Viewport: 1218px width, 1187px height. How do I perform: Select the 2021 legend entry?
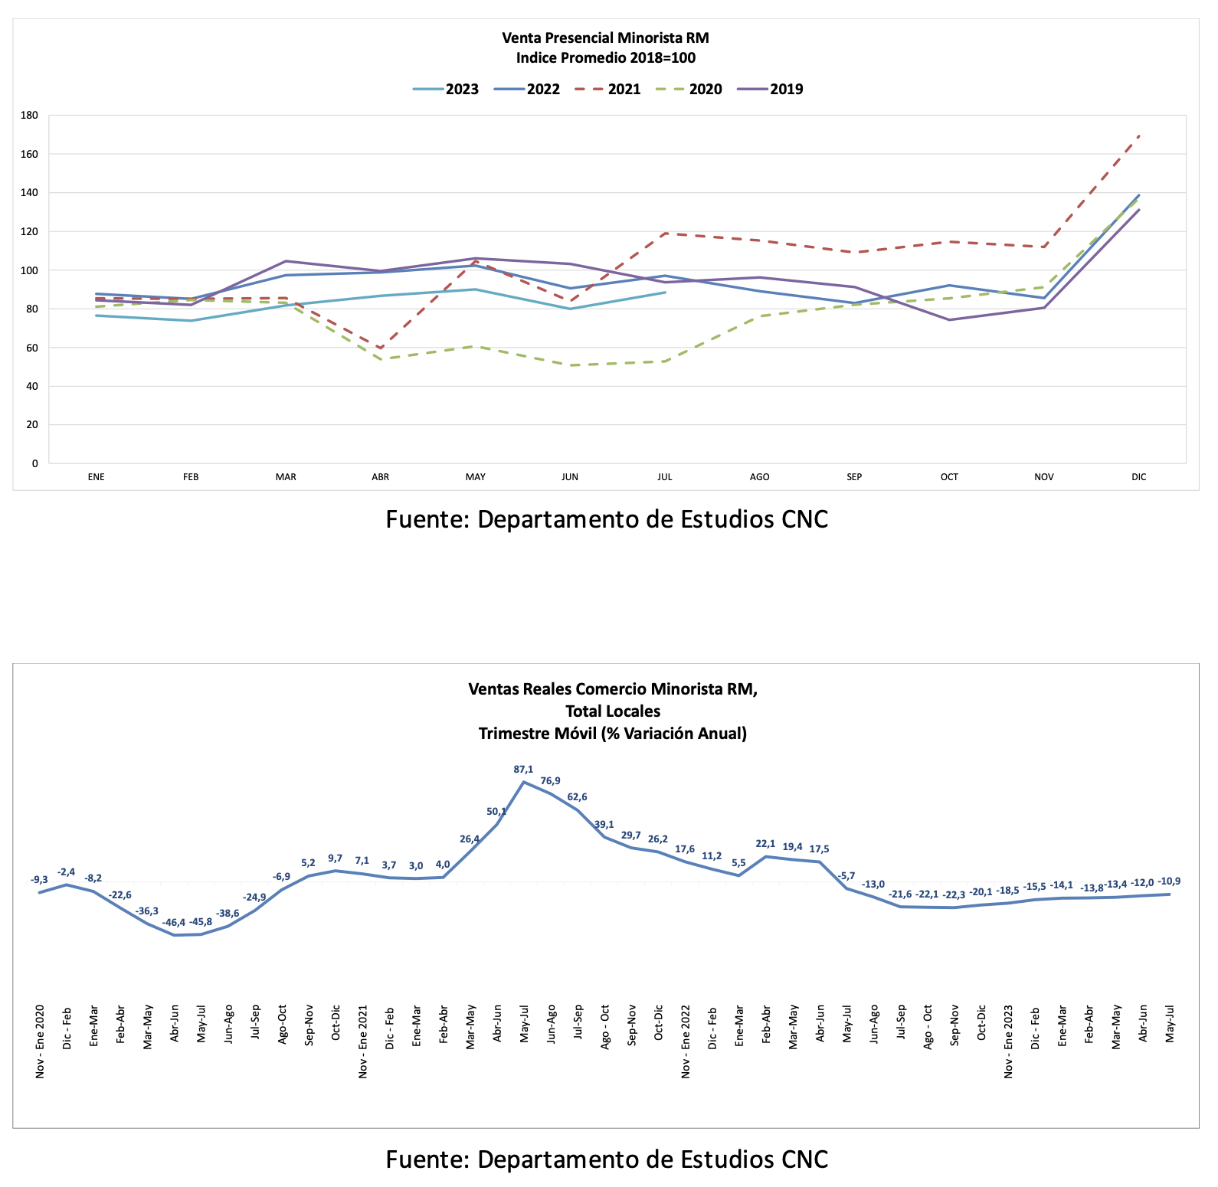pyautogui.click(x=624, y=89)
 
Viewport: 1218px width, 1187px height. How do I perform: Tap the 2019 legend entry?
pyautogui.click(x=786, y=89)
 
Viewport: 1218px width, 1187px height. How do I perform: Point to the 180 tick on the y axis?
pyautogui.click(x=30, y=116)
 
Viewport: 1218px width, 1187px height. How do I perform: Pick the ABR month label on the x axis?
pyautogui.click(x=381, y=477)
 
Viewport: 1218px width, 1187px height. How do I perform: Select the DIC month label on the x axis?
pyautogui.click(x=1139, y=477)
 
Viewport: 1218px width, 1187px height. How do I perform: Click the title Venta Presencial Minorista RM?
pyautogui.click(x=605, y=38)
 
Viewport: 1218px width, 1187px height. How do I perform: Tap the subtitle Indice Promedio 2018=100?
pyautogui.click(x=605, y=57)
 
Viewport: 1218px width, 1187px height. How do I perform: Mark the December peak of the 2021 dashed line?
pyautogui.click(x=1139, y=136)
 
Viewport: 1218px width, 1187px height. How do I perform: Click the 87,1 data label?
pyautogui.click(x=524, y=769)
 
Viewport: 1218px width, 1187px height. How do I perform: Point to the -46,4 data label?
pyautogui.click(x=174, y=922)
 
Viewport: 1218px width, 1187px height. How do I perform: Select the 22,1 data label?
pyautogui.click(x=765, y=844)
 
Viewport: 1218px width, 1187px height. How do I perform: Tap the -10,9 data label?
pyautogui.click(x=1169, y=881)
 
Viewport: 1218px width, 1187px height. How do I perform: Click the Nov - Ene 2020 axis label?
pyautogui.click(x=40, y=1041)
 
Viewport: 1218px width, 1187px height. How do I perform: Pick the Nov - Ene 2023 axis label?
pyautogui.click(x=1008, y=1041)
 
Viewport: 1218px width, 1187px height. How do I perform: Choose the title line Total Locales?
pyautogui.click(x=613, y=711)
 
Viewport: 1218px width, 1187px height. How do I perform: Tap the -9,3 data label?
pyautogui.click(x=39, y=880)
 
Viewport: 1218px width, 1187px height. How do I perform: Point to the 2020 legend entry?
pyautogui.click(x=705, y=89)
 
